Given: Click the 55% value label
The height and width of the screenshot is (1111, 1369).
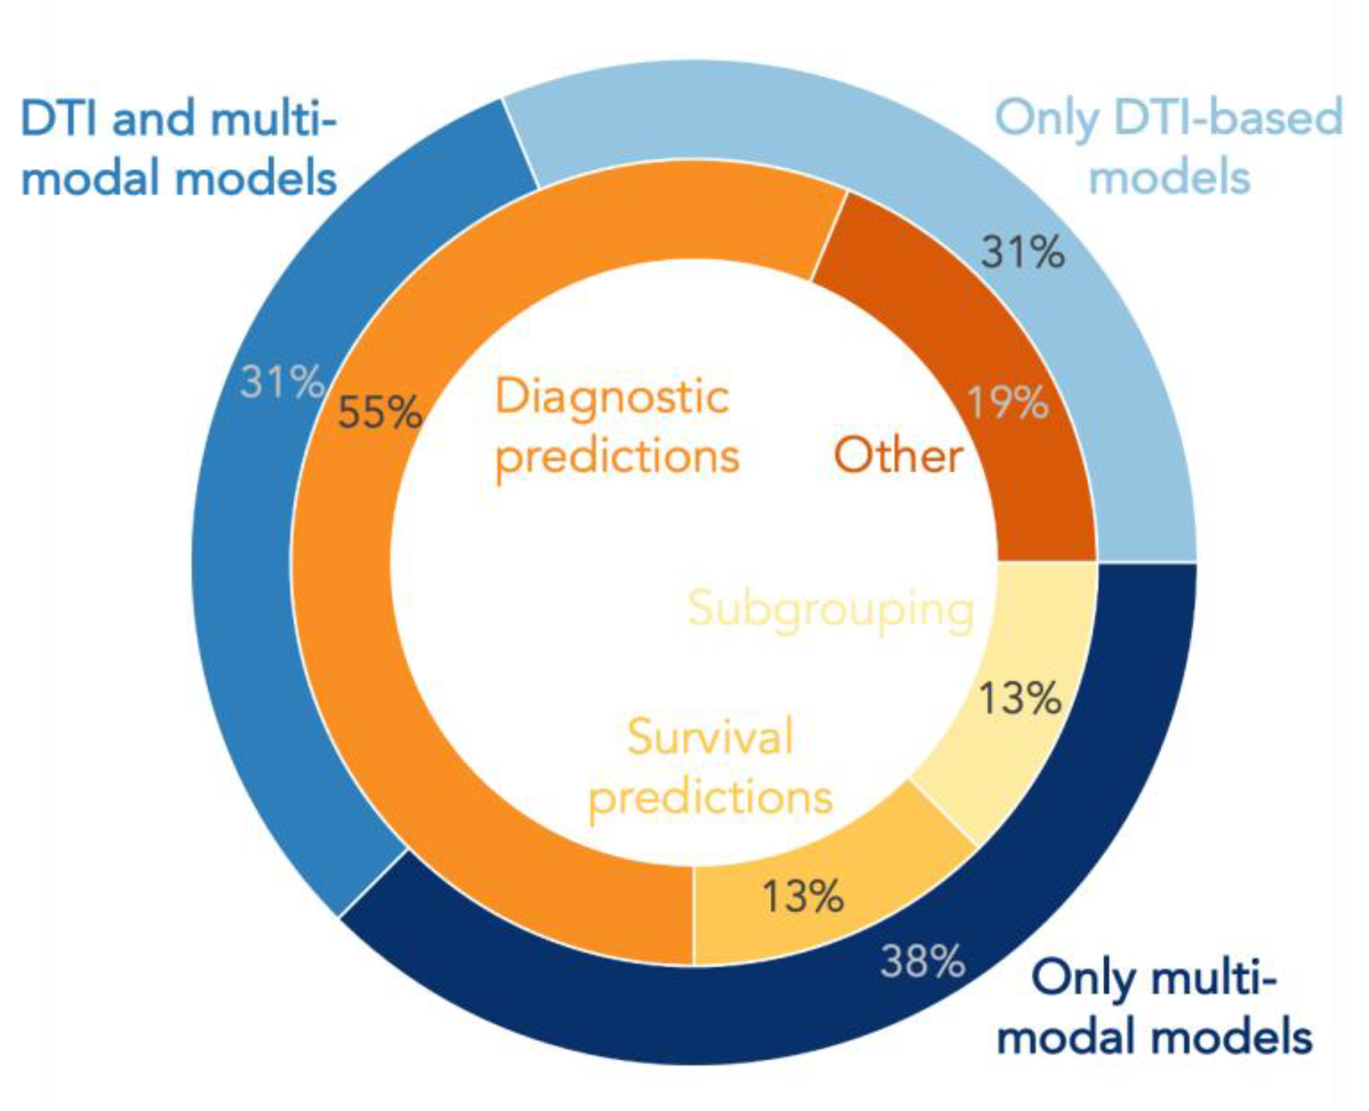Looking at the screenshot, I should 379,412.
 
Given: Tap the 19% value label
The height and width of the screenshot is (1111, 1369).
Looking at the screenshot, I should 1008,402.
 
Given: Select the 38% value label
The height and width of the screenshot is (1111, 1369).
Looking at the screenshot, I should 923,961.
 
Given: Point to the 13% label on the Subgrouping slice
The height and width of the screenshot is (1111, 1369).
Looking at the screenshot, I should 1020,698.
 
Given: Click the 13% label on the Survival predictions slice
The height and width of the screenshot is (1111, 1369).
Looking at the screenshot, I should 803,896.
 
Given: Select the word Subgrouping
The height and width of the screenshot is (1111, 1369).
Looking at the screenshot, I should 831,608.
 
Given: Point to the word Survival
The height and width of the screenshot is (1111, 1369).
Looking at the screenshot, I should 710,737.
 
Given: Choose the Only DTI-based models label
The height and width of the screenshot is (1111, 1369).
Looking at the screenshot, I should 1169,147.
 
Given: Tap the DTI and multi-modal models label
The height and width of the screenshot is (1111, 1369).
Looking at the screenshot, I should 179,147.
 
